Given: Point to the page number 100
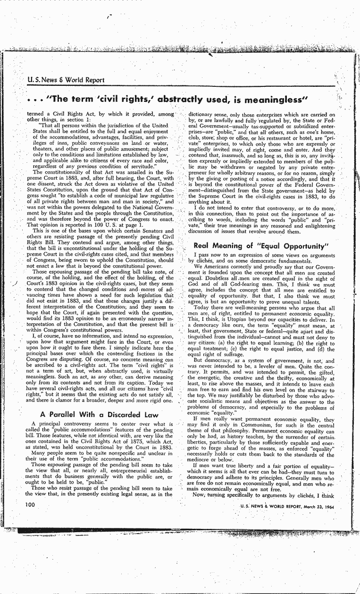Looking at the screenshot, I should [30, 504].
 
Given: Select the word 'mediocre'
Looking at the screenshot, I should [199, 460].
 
